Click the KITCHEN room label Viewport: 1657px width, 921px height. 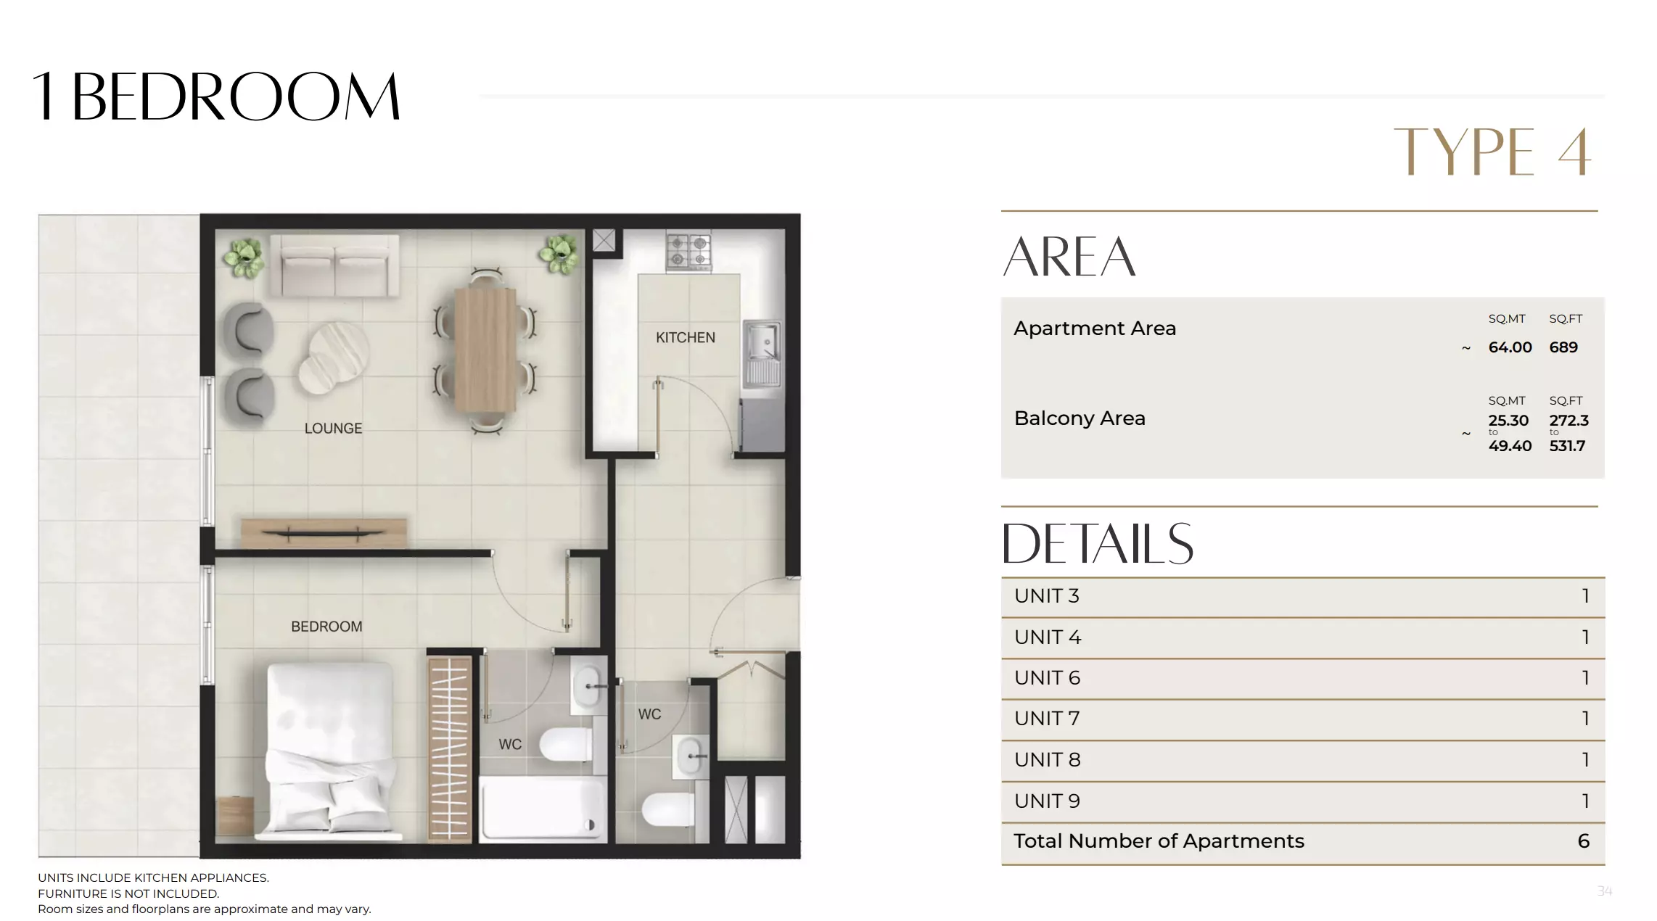point(685,337)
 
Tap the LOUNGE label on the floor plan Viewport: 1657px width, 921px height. point(333,429)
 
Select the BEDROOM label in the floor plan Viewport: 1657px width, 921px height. point(326,627)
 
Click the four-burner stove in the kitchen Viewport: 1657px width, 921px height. point(688,252)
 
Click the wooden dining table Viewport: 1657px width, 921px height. point(485,350)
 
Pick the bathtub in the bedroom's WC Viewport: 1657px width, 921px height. point(542,809)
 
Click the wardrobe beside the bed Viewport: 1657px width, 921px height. point(449,748)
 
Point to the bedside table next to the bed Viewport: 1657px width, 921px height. point(235,815)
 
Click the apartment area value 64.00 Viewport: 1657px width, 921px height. point(1510,347)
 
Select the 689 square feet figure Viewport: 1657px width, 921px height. point(1563,347)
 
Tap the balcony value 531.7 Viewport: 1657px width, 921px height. point(1567,446)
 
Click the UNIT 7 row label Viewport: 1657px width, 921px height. point(1047,719)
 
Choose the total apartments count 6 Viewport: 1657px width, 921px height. point(1583,841)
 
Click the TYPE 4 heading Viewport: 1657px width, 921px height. point(1492,152)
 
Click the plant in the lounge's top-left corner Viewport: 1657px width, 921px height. point(244,257)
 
